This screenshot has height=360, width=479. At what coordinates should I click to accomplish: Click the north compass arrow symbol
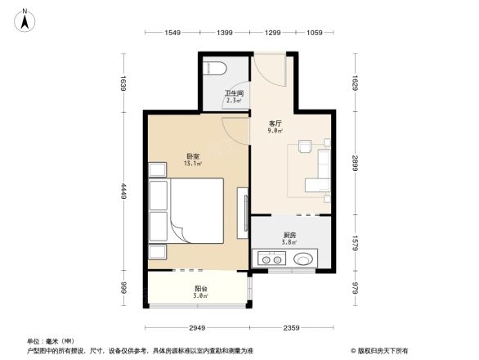(x=25, y=19)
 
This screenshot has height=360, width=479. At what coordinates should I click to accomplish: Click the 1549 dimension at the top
(x=172, y=33)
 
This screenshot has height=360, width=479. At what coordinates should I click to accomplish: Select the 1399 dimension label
(x=225, y=33)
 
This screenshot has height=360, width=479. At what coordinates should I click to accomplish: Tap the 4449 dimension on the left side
(x=123, y=191)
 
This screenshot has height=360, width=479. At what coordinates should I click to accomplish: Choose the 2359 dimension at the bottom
(x=293, y=329)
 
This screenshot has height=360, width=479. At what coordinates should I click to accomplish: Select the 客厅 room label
(x=275, y=124)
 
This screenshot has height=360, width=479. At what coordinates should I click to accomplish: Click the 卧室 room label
(x=193, y=156)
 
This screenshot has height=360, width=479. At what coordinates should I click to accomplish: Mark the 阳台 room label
(x=200, y=287)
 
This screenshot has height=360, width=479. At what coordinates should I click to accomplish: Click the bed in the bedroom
(x=193, y=212)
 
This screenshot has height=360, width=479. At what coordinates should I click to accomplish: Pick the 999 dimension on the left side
(x=123, y=287)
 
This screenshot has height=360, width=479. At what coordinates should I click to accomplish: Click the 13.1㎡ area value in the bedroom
(x=193, y=164)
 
